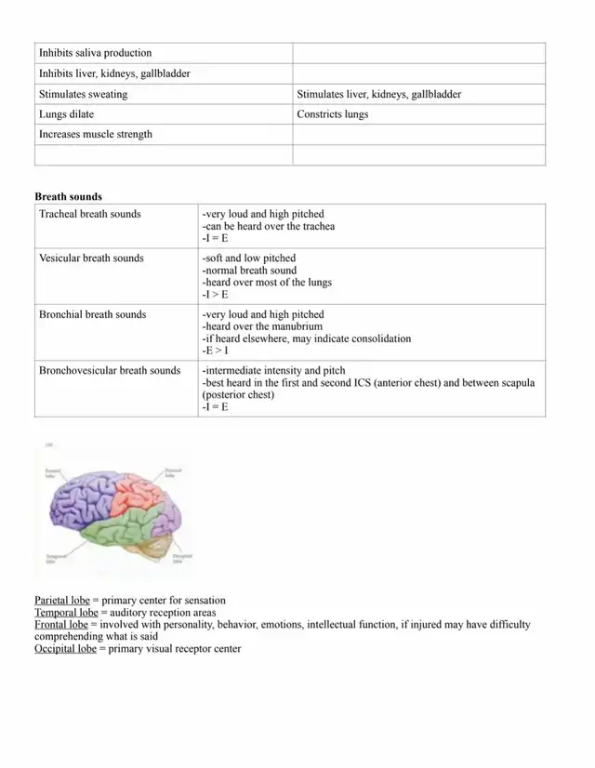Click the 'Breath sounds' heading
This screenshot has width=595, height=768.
pos(68,196)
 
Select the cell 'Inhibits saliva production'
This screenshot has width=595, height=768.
pos(95,53)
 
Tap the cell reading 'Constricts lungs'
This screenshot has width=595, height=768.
pos(332,114)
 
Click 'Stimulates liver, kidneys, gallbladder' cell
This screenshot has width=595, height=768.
pos(378,94)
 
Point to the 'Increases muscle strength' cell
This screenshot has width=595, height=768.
pos(95,135)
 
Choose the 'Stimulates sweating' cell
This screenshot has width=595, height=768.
pos(83,94)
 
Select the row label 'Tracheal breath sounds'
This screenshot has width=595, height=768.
pos(89,214)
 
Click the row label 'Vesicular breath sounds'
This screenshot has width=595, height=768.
pos(91,258)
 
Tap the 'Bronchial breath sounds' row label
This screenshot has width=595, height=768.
pos(92,314)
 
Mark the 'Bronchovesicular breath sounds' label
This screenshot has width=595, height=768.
pos(109,370)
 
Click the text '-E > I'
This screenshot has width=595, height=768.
pos(215,351)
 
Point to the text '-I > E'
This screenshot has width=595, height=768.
pos(215,295)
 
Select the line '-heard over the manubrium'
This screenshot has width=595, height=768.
pos(259,326)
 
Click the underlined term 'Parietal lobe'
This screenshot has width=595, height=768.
pos(61,601)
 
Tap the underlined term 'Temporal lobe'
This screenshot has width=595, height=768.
pos(66,613)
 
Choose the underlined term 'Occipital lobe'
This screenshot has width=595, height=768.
pos(67,649)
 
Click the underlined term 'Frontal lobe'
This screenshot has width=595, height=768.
pos(61,625)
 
